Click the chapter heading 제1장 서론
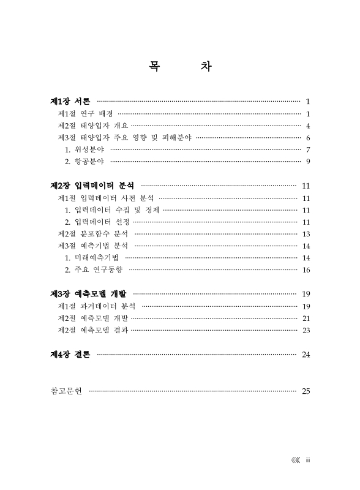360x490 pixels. pos(70,101)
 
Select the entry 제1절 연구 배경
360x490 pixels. pos(85,113)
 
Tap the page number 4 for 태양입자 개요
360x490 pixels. pos(309,126)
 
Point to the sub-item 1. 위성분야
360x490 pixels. pos(84,149)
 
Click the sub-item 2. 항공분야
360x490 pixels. pos(84,161)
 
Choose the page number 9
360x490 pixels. pos(309,161)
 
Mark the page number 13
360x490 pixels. pos(306,233)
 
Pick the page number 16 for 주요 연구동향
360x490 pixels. pos(306,269)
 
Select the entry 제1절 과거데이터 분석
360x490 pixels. pos(96,306)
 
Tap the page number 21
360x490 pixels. pos(306,318)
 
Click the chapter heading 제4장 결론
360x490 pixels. pos(70,354)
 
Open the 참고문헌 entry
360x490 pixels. pos(67,390)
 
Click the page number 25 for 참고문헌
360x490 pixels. pos(306,390)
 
